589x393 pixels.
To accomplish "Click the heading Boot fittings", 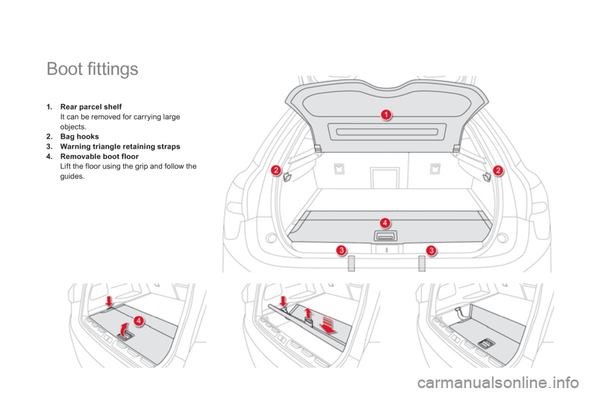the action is pos(93,69).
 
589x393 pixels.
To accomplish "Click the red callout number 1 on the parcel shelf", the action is pos(386,114).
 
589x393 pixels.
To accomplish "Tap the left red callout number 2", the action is pos(275,170).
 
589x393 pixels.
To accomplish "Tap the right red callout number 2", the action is pos(498,170).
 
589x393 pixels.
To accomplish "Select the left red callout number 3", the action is pos(341,250).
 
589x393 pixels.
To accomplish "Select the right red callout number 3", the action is pos(431,250).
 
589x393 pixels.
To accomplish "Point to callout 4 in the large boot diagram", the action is pos(385,223).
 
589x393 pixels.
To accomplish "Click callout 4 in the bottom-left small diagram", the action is pos(139,321).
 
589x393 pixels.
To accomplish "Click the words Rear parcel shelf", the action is pos(91,107).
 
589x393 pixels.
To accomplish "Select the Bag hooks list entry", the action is pos(79,136).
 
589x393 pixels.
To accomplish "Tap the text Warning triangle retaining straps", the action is pos(120,146).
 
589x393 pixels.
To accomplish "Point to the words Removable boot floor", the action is pos(99,157).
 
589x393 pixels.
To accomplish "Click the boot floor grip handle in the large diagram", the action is pos(385,236).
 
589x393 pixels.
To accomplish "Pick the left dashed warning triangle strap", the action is pos(351,263).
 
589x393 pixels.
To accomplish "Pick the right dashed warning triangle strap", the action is pos(422,263).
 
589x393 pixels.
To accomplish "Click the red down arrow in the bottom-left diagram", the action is pos(109,301).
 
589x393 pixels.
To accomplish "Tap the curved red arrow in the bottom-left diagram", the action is pos(123,329).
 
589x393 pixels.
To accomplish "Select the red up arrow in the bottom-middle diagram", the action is pos(308,313).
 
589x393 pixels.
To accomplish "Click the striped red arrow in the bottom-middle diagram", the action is pos(328,325).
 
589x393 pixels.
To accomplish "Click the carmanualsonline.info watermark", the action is pos(498,383).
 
